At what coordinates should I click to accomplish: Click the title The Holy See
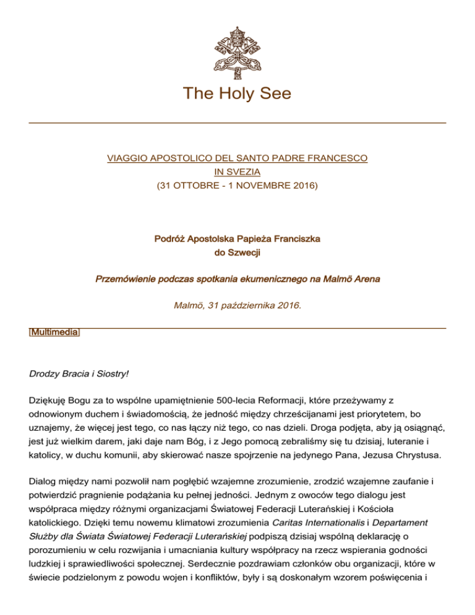[237, 93]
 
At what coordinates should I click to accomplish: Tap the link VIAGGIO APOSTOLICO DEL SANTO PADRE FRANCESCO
[237, 159]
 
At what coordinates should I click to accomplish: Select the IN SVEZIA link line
[237, 172]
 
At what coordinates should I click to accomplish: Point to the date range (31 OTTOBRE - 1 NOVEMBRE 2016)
[237, 184]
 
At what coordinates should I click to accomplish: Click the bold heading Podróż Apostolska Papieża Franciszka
[237, 239]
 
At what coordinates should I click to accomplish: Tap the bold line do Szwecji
[237, 252]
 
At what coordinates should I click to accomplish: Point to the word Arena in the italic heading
[366, 279]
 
